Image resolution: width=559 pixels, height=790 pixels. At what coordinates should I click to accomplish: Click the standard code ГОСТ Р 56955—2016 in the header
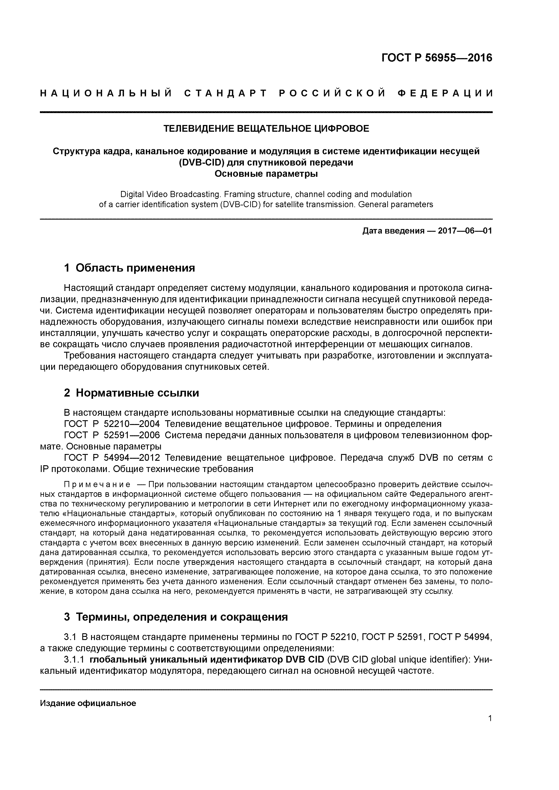437,58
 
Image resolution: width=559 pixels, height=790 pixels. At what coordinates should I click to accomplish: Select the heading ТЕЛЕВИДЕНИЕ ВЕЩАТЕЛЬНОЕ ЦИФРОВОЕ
266,129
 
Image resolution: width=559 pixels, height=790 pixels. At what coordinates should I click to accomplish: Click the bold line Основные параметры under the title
266,174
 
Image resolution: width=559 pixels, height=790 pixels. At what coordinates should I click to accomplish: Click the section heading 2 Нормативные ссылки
132,393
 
